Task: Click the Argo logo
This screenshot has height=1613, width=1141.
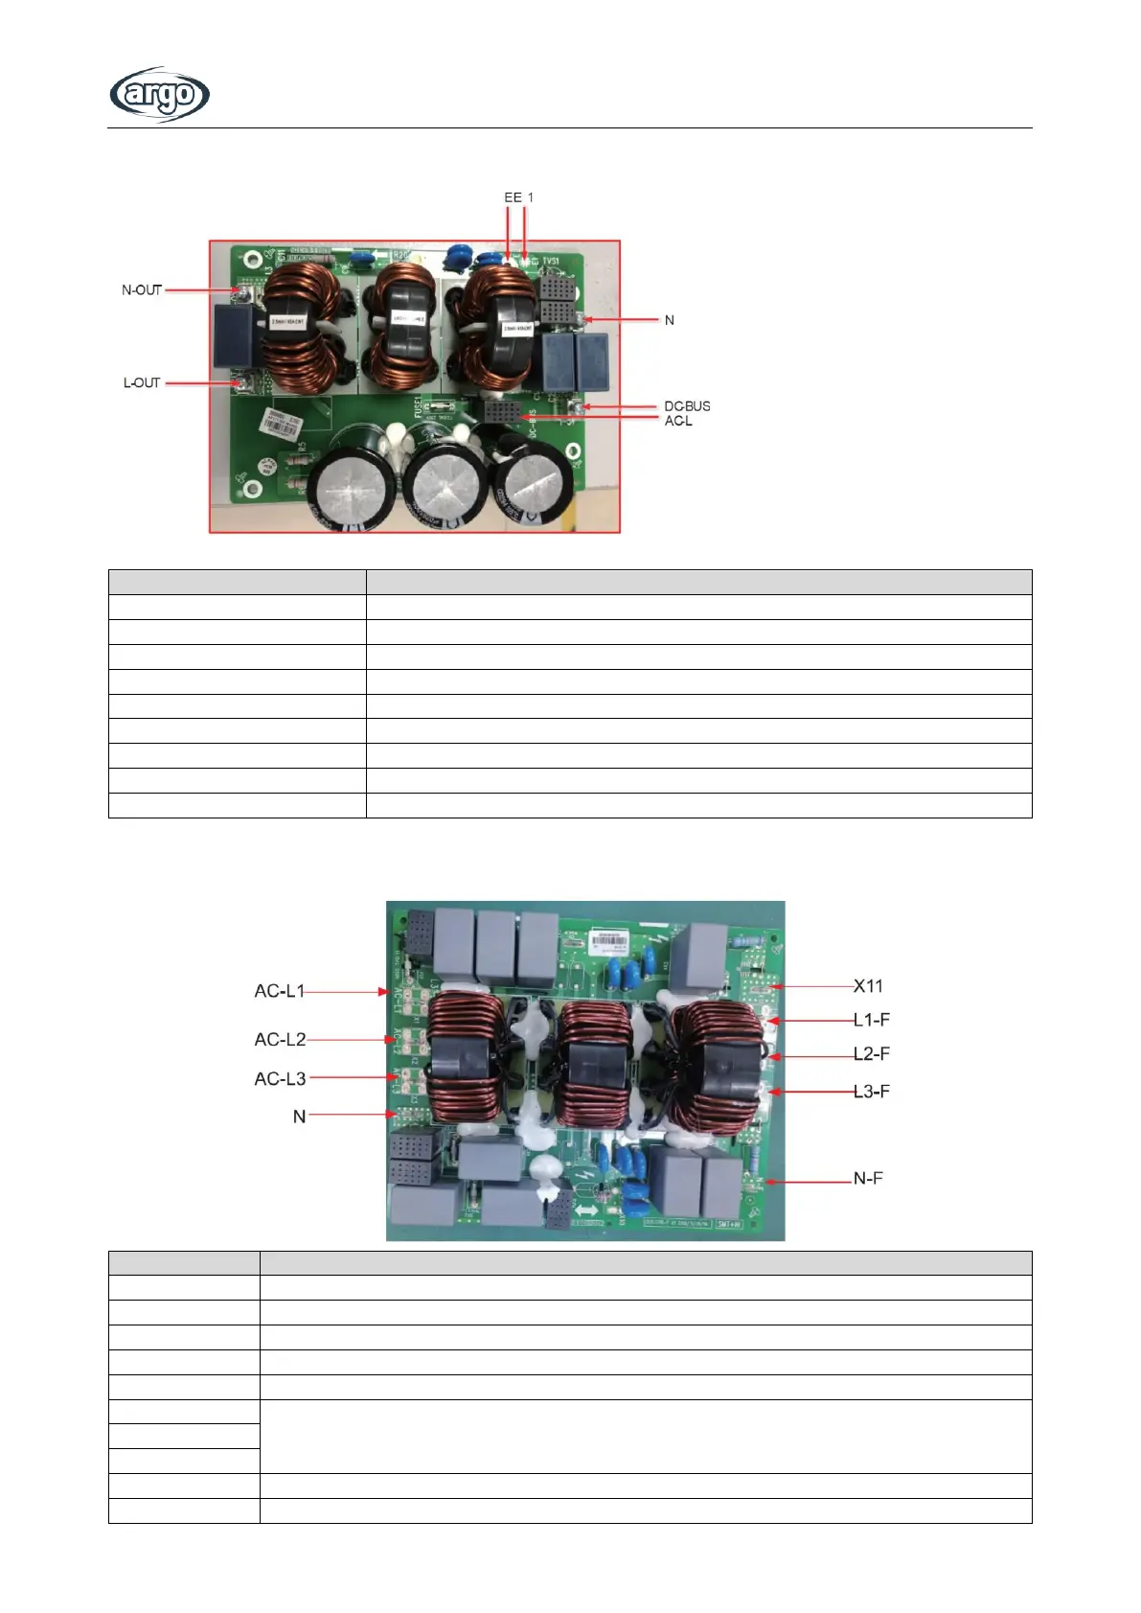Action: [x=159, y=94]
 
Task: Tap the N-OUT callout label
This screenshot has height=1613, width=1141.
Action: [x=142, y=290]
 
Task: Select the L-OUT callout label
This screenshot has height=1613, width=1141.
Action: [x=142, y=382]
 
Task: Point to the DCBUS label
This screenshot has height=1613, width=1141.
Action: [x=687, y=406]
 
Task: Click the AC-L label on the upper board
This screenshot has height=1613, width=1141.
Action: [x=678, y=421]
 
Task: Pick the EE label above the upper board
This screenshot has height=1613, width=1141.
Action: [x=513, y=197]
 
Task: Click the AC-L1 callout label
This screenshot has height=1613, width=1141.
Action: [x=280, y=991]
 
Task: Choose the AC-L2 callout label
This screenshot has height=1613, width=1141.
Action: [x=280, y=1040]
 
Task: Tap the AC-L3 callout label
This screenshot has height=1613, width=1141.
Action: [x=280, y=1079]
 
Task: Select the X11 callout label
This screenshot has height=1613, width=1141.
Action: [x=868, y=986]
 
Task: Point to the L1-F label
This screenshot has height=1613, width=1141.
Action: [x=871, y=1020]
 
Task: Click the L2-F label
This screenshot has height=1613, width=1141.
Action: [x=871, y=1054]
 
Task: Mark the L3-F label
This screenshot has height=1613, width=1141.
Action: [x=871, y=1091]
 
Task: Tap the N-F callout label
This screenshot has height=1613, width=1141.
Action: [x=868, y=1178]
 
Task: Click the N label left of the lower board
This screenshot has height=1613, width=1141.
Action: [x=299, y=1116]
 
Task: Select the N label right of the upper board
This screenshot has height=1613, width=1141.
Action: [x=670, y=320]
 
